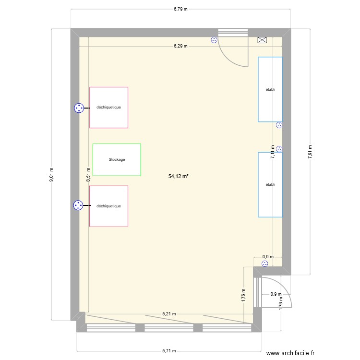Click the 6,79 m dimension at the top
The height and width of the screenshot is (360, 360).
[180, 9]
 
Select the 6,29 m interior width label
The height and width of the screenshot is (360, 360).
[180, 46]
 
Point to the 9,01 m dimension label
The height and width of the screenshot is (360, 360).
[51, 175]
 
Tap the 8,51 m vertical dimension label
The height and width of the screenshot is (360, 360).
[88, 175]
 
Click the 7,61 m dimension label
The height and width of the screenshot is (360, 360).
[310, 152]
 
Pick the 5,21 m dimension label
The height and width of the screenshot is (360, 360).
[169, 313]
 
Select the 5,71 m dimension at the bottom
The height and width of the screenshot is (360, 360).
[169, 351]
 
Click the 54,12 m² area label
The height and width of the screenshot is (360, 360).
[179, 176]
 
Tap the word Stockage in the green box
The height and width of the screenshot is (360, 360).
[117, 159]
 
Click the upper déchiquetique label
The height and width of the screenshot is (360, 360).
[108, 107]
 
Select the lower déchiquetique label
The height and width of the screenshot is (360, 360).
[108, 206]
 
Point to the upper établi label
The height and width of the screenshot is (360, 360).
[270, 90]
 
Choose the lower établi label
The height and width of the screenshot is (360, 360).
[270, 185]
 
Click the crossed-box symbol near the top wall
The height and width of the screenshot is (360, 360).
[262, 40]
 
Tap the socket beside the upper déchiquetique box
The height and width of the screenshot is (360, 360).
[79, 108]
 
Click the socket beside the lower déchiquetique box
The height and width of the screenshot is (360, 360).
[78, 205]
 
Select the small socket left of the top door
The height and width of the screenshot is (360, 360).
[214, 40]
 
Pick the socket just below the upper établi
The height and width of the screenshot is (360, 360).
[279, 125]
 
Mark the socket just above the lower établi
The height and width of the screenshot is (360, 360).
[279, 149]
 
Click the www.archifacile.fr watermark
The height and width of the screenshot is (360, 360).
[290, 353]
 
